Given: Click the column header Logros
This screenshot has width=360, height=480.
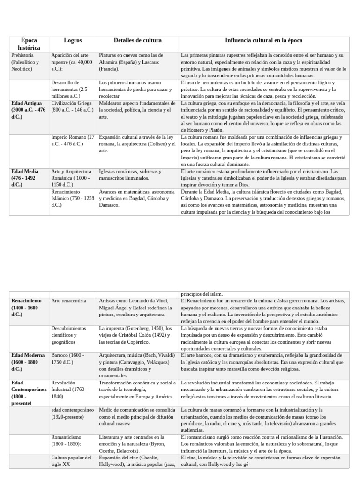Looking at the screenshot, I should pyautogui.click(x=73, y=41).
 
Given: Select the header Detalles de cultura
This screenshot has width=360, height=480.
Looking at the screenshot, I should pyautogui.click(x=137, y=41).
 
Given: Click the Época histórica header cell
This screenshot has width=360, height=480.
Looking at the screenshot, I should pyautogui.click(x=29, y=44).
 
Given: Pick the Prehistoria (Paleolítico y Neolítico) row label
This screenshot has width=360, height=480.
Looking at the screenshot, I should pyautogui.click(x=25, y=62).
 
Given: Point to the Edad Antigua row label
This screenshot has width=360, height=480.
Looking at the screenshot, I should pyautogui.click(x=29, y=110).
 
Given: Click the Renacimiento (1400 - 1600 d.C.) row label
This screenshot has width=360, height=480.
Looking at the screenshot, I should pyautogui.click(x=27, y=307).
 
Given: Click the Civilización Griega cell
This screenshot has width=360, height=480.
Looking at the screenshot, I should pyautogui.click(x=72, y=106).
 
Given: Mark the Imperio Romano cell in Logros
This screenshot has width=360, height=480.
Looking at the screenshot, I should pyautogui.click(x=73, y=141).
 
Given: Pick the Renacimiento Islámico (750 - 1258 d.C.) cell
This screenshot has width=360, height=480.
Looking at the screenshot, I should pyautogui.click(x=73, y=198).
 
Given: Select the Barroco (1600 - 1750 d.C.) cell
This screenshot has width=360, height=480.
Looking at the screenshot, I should pyautogui.click(x=68, y=359).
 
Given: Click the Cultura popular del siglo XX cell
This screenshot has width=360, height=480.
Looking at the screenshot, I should pyautogui.click(x=71, y=461).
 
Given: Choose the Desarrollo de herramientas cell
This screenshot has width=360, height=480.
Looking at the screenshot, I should pyautogui.click(x=70, y=89).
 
